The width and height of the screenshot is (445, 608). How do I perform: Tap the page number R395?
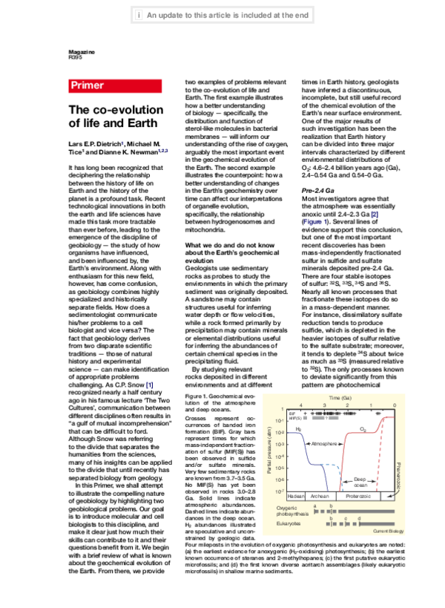tap(76, 56)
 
